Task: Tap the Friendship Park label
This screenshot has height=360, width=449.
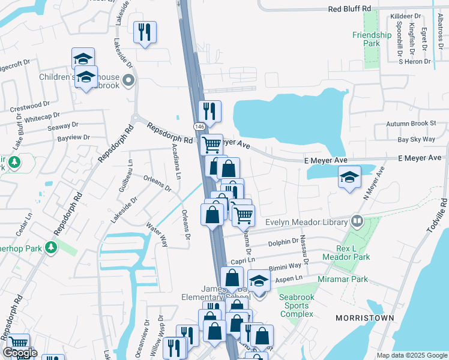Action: (x=372, y=39)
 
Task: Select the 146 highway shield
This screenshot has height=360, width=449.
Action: (x=199, y=127)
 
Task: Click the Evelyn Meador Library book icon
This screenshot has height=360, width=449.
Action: (x=358, y=221)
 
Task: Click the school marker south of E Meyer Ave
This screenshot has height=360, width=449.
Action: (x=349, y=177)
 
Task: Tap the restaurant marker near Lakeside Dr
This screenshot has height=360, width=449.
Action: (x=145, y=32)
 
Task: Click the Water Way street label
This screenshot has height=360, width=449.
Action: (x=157, y=233)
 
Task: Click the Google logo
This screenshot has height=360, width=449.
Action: (x=20, y=353)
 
